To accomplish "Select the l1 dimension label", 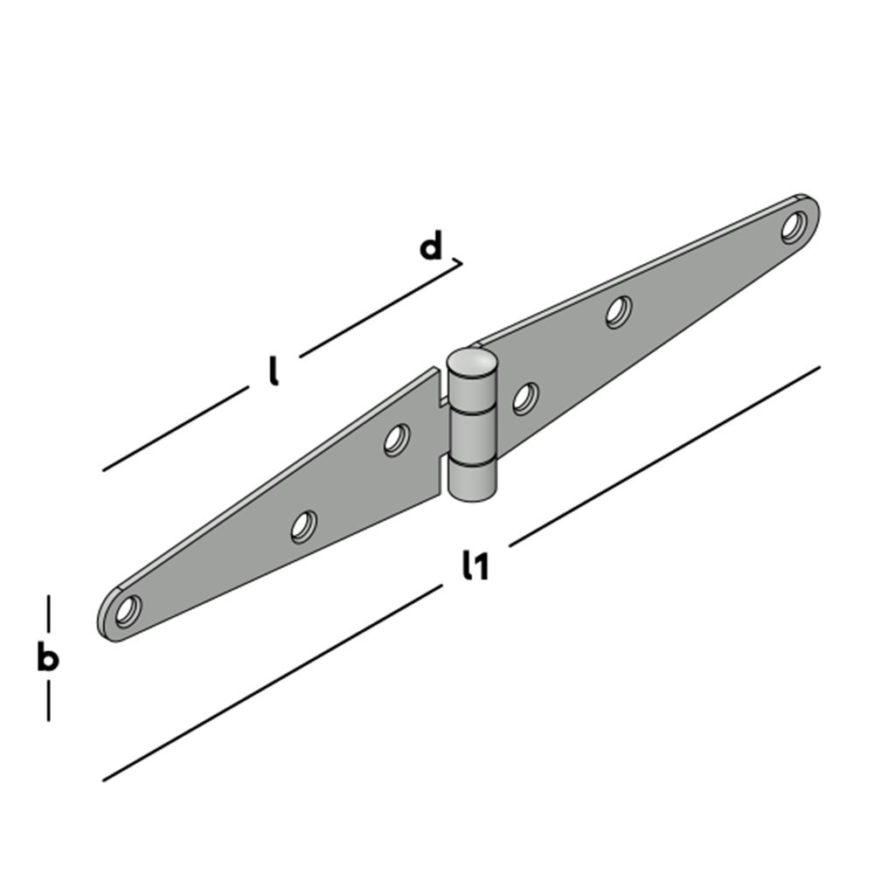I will pos(475,567).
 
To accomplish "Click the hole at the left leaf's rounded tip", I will pos(128,609).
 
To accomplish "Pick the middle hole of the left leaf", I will pos(303,526).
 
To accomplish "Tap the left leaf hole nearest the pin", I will pos(397,440).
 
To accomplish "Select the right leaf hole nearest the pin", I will pos(524,399).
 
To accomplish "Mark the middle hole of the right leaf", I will pos(619,312).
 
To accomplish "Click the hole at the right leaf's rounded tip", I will pos(794,227).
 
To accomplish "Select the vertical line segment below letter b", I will pos(48,701).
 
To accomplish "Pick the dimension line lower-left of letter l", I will pos(175,430).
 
